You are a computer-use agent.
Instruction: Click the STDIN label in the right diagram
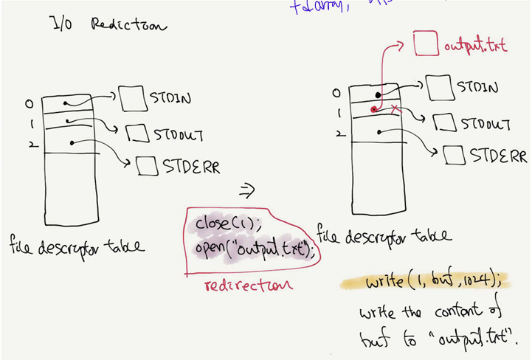click(x=477, y=87)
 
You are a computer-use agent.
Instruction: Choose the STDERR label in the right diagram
click(x=498, y=156)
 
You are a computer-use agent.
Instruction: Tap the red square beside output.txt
click(x=426, y=44)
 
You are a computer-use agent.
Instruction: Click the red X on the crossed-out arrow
click(x=395, y=109)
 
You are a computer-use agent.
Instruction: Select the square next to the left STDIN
click(x=131, y=97)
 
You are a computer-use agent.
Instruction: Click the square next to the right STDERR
click(x=455, y=156)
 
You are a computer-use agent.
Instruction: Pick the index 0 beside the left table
click(x=28, y=103)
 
